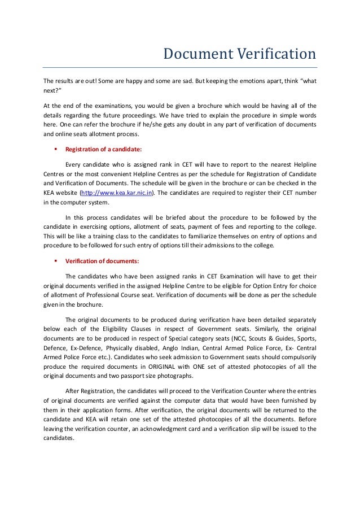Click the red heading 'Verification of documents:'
tap(102, 261)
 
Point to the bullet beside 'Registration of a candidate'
tap(55, 150)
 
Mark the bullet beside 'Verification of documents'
tap(55, 261)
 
